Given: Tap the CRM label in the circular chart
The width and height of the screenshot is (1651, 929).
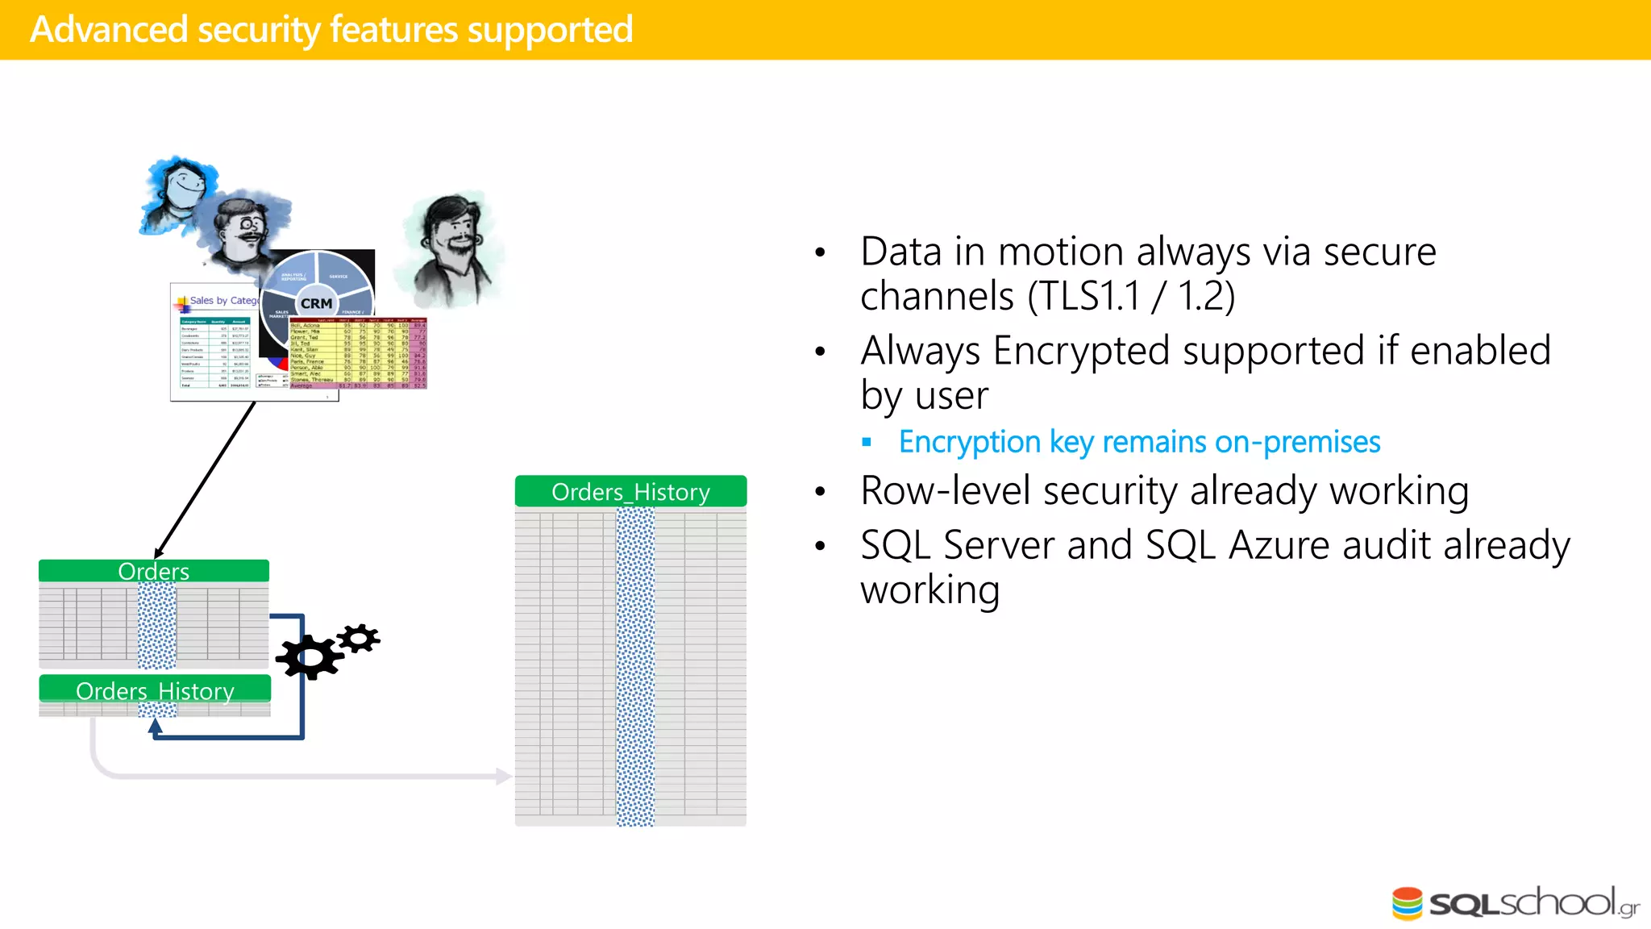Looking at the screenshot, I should click(316, 303).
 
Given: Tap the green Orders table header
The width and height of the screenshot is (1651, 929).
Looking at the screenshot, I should click(153, 571).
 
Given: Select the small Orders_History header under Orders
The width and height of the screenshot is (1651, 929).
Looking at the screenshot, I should click(155, 690).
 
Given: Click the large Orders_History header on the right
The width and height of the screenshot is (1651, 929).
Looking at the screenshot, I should click(630, 492).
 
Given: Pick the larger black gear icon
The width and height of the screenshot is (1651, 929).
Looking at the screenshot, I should click(309, 657).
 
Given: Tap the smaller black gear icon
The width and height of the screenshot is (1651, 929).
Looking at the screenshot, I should click(359, 639).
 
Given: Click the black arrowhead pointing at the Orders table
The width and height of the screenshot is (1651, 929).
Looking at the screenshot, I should click(159, 552).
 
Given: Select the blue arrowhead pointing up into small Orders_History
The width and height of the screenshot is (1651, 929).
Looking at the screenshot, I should click(156, 726).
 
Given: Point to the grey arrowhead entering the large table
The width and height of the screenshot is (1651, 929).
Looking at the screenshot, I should click(505, 777).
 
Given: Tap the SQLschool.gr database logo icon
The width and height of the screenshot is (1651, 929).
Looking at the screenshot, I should click(1407, 903).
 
